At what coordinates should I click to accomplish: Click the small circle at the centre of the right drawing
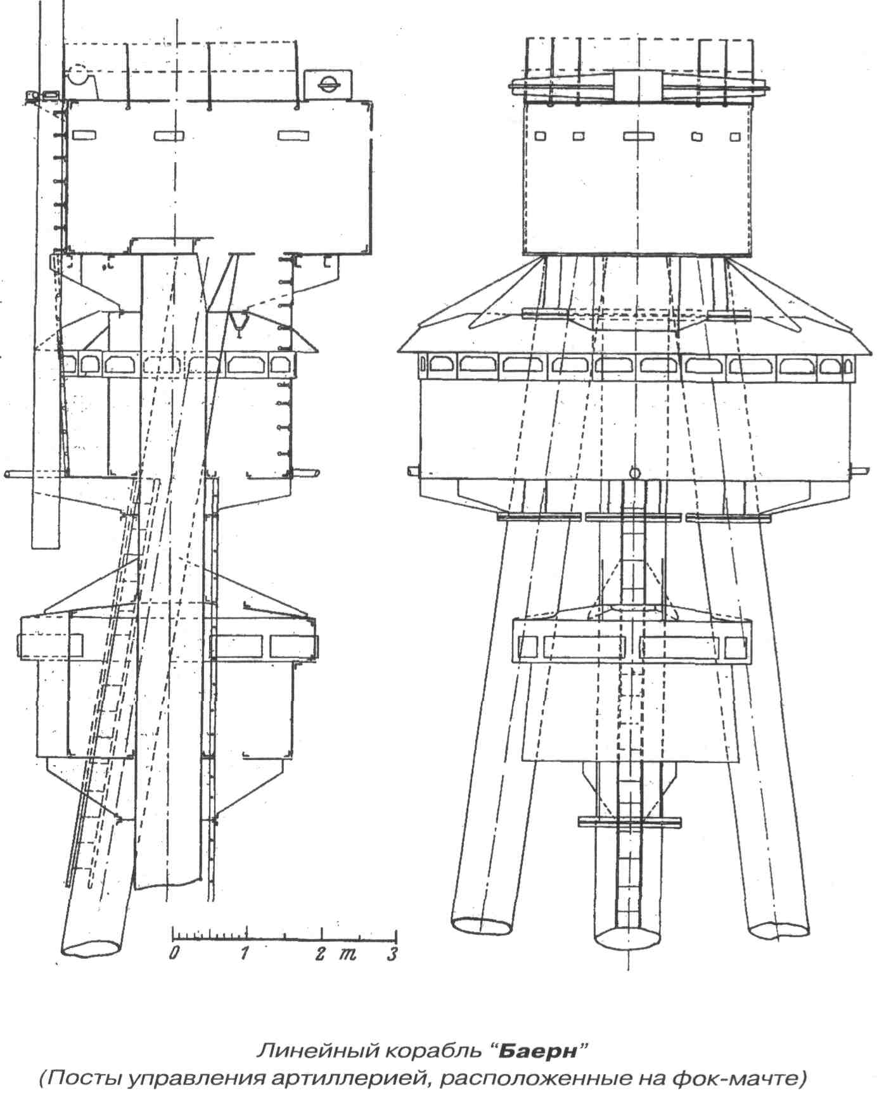coord(634,472)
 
